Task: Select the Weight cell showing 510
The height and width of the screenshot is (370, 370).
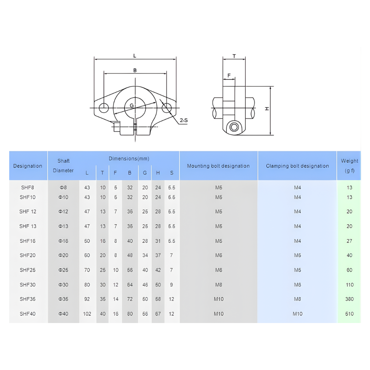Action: [x=349, y=314]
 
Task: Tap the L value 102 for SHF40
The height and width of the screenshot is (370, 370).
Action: [x=87, y=314]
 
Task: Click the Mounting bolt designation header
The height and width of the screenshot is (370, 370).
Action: [x=218, y=166]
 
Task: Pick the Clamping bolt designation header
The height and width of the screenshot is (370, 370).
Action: [x=297, y=166]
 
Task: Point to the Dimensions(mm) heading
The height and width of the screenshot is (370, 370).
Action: [x=129, y=158]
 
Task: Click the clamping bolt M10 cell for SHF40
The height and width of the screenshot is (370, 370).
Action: [x=297, y=314]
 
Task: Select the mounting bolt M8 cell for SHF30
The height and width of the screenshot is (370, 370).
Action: [x=219, y=285]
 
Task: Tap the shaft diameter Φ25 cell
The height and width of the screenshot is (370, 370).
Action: [x=63, y=270]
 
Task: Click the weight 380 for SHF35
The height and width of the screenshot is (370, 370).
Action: [x=349, y=299]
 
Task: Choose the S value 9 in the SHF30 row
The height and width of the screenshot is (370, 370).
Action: [x=171, y=285]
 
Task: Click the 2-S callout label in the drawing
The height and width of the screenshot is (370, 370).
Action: [x=184, y=120]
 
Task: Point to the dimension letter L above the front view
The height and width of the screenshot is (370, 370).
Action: [x=135, y=55]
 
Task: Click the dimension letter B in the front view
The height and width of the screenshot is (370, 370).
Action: [x=135, y=70]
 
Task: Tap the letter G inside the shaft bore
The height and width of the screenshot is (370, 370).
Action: [x=132, y=105]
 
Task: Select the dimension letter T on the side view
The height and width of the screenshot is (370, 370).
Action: [x=234, y=56]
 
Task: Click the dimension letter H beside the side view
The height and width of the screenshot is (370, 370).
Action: [x=267, y=109]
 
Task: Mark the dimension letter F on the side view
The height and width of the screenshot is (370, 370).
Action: [x=229, y=75]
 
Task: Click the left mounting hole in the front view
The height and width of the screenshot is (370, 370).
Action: [x=104, y=108]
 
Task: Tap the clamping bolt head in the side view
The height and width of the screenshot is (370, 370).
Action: [x=234, y=127]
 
